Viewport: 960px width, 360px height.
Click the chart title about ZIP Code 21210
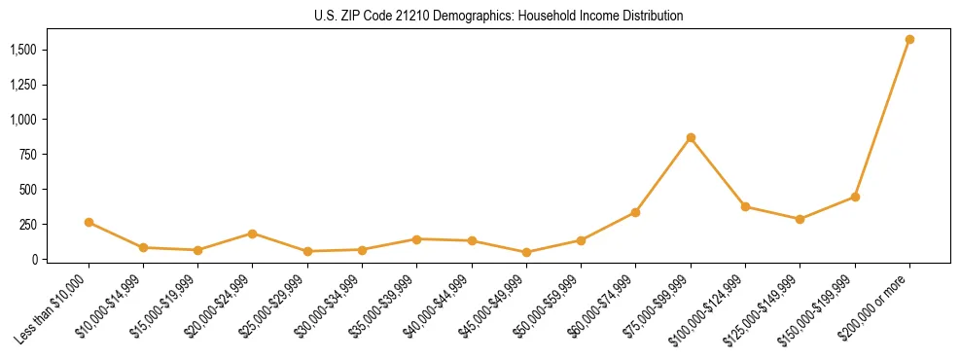click(499, 17)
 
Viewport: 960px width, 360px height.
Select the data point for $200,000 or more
click(909, 40)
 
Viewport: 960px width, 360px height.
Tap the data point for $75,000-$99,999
click(691, 138)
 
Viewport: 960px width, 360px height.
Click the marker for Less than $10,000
click(89, 222)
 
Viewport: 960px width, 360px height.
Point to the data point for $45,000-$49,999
click(526, 252)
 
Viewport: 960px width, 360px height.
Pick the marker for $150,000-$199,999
click(855, 197)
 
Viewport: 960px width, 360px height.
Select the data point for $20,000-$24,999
click(253, 234)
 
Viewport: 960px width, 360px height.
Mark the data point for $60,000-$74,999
click(635, 212)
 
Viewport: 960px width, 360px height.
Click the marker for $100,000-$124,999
click(745, 206)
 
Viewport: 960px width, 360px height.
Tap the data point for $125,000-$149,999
click(800, 219)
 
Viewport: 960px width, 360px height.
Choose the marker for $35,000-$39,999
click(416, 239)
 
